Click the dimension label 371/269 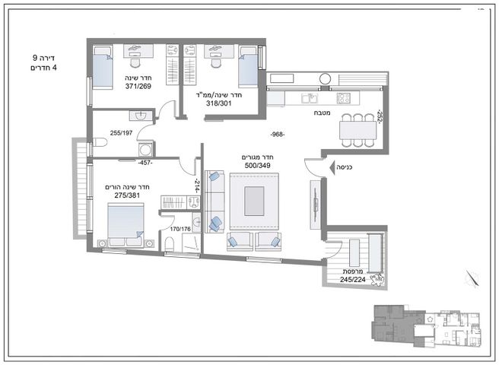[138, 86]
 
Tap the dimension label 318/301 [219, 103]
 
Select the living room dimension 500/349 [257, 166]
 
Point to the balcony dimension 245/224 [353, 280]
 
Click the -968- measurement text [278, 135]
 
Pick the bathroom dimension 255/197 [121, 133]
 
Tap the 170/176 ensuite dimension [180, 229]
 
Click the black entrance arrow [333, 167]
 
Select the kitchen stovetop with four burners [343, 98]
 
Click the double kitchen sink [310, 98]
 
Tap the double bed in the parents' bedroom [126, 224]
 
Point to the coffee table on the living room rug [254, 201]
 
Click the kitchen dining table [358, 131]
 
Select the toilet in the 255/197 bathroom [100, 142]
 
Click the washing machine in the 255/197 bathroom [146, 149]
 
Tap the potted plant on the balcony [377, 279]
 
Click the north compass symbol [472, 279]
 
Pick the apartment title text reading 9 [35, 58]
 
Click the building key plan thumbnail [427, 326]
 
